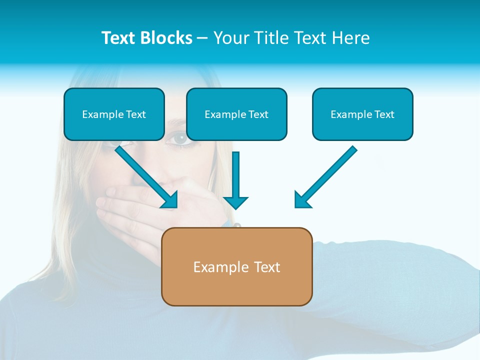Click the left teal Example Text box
[x=114, y=114]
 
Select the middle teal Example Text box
[x=236, y=114]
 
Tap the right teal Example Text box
[x=362, y=114]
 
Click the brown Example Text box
[x=236, y=266]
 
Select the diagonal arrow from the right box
[x=327, y=175]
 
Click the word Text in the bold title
[x=118, y=38]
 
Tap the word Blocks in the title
[x=166, y=38]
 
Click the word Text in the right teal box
[x=383, y=114]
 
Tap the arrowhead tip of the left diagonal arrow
[x=175, y=205]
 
